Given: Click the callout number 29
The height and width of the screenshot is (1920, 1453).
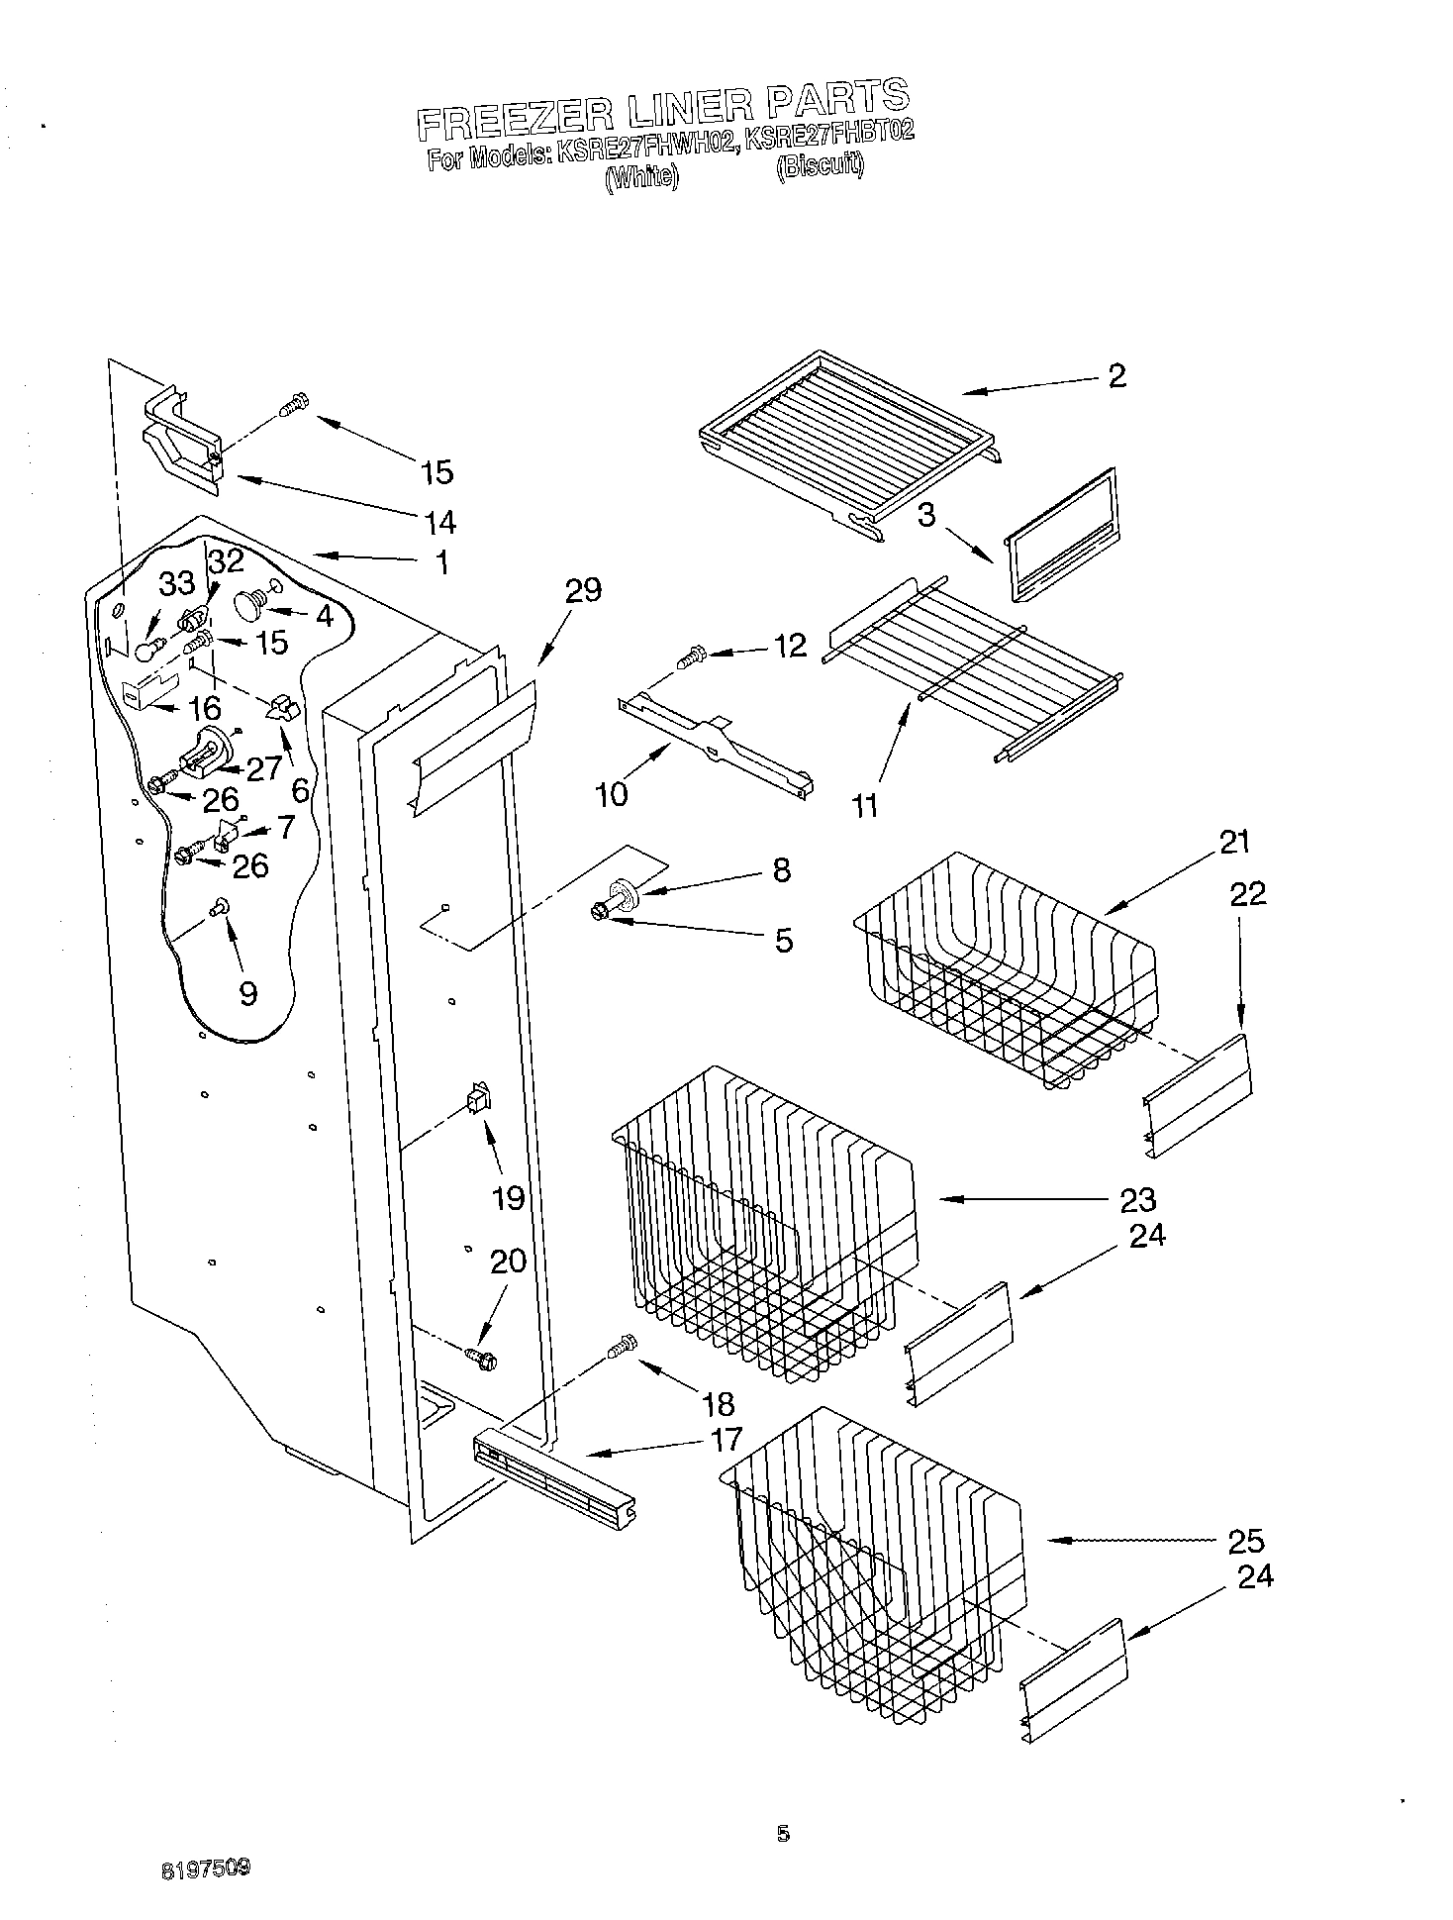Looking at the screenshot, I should [x=582, y=591].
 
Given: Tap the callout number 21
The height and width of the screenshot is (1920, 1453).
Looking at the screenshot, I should [x=1234, y=843].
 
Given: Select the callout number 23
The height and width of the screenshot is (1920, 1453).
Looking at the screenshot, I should [x=1137, y=1200].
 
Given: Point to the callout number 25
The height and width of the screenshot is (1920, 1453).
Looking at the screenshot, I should [x=1245, y=1541].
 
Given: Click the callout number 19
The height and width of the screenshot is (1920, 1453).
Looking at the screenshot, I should [x=508, y=1198].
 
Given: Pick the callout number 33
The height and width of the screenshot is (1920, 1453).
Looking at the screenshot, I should [x=178, y=584].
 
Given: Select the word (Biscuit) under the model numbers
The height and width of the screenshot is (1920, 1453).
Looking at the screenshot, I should [x=820, y=166].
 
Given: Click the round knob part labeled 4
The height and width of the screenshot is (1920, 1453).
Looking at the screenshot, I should [x=247, y=603].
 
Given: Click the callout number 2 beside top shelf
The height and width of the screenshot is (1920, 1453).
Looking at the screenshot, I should [x=1116, y=376].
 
